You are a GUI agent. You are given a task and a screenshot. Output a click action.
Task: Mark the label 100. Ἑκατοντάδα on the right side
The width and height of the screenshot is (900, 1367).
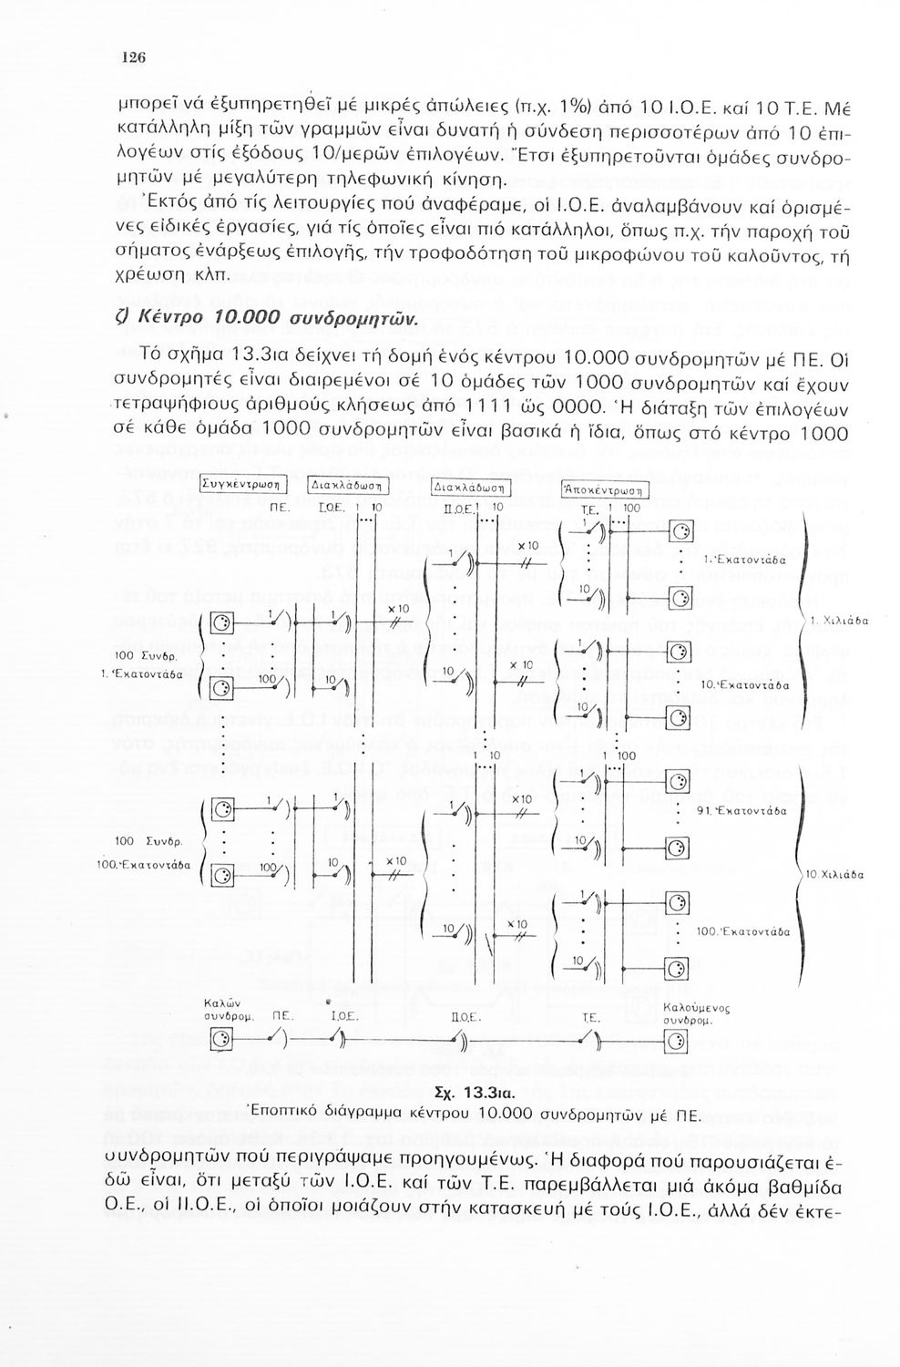tap(741, 932)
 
